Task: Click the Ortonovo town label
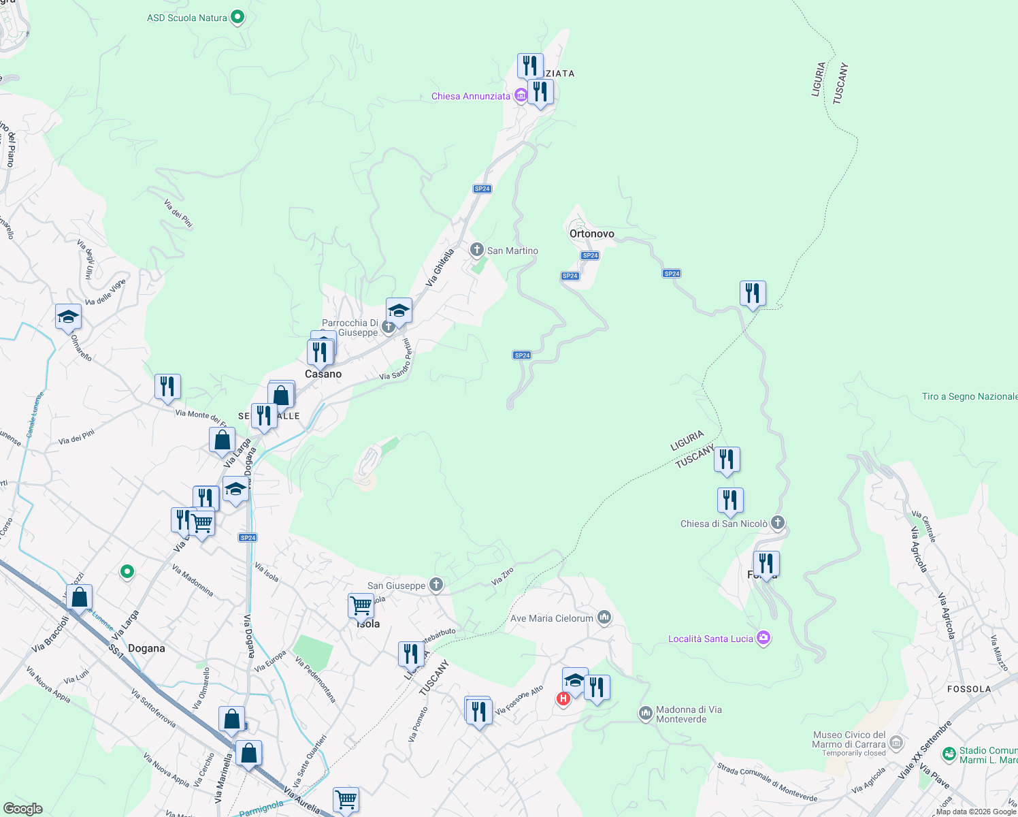tap(591, 234)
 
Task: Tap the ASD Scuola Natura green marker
tap(237, 17)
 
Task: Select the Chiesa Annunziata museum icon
tap(521, 95)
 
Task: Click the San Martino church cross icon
tap(477, 250)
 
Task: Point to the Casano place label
tap(323, 374)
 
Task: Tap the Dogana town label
tap(146, 648)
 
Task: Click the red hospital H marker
tap(563, 699)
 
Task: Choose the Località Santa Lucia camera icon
tap(764, 638)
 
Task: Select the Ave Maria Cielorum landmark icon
tap(604, 618)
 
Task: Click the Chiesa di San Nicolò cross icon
tap(778, 523)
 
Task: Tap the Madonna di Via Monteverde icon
tap(645, 714)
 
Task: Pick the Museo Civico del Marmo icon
tap(896, 742)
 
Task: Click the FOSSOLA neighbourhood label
tap(969, 689)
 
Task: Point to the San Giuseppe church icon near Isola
tap(436, 585)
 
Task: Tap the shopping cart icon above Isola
tap(361, 605)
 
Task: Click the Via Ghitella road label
tap(440, 268)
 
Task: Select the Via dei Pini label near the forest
tap(178, 213)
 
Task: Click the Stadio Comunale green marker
tap(949, 754)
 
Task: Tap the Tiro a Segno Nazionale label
tap(969, 396)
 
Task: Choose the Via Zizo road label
tap(502, 576)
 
